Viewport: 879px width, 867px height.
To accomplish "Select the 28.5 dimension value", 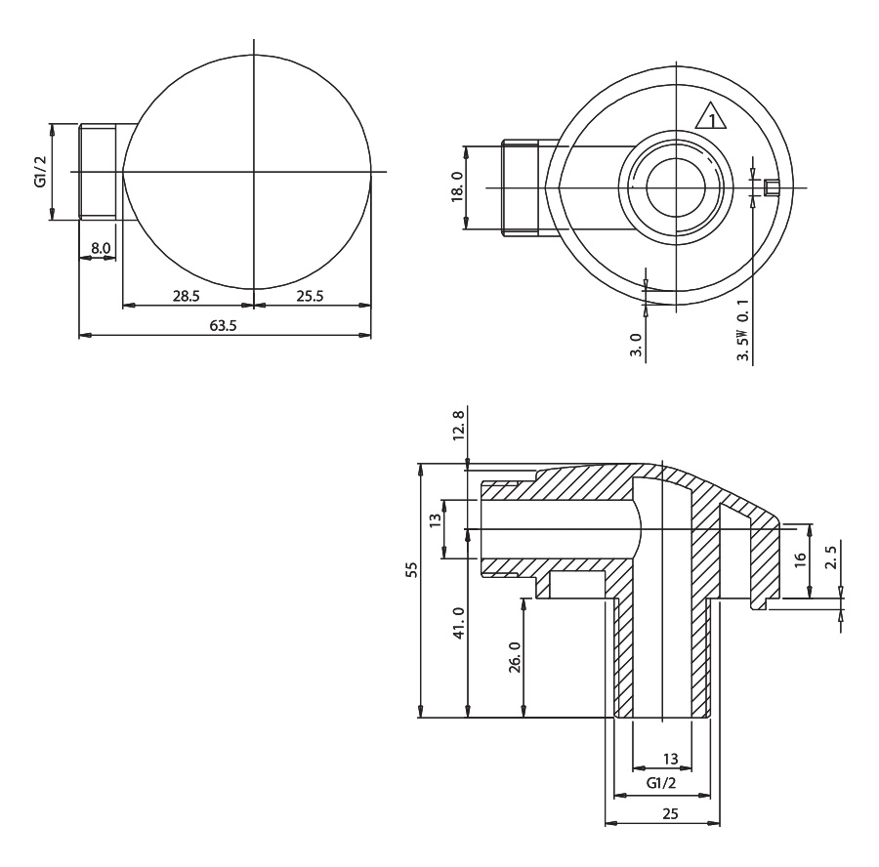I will [x=188, y=296].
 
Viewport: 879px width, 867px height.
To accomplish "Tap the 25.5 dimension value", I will [x=311, y=296].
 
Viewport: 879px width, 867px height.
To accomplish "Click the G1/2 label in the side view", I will [x=40, y=172].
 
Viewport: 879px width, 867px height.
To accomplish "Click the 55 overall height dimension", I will [x=411, y=568].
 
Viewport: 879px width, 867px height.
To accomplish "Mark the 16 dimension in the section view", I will [x=800, y=559].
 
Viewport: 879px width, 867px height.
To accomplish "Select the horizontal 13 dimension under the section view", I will [x=670, y=758].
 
